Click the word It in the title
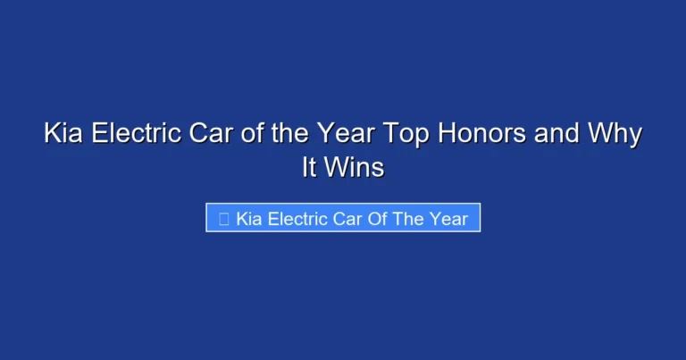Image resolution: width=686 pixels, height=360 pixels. coord(309,167)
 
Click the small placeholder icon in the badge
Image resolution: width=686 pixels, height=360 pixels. coord(223,218)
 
